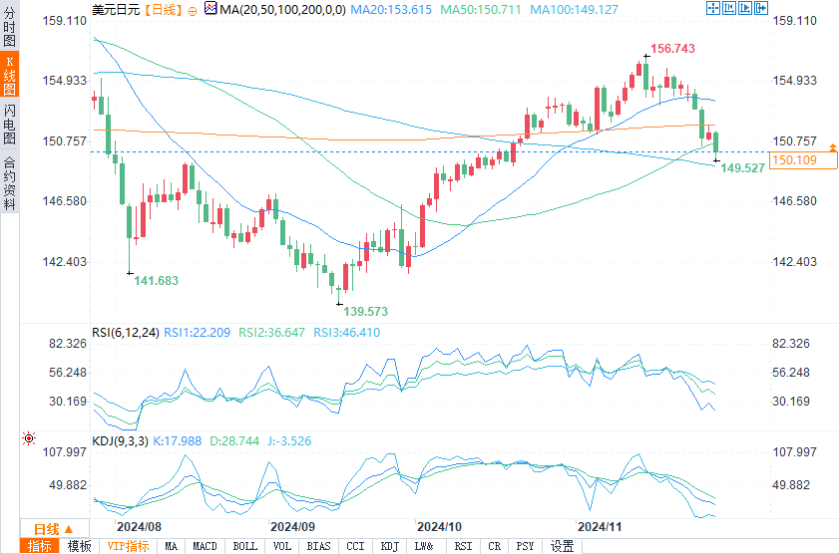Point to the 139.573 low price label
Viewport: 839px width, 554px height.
click(x=366, y=312)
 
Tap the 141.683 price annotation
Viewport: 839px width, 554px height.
click(x=157, y=281)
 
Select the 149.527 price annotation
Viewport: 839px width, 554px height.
click(x=742, y=168)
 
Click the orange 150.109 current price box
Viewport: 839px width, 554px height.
click(x=795, y=160)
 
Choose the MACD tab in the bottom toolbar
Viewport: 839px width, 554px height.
click(x=205, y=546)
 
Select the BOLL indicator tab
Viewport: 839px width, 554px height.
click(x=244, y=546)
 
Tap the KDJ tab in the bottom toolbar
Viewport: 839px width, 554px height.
click(x=389, y=546)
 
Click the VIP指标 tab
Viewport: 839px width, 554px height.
click(x=129, y=546)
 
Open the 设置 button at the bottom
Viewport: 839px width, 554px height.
click(x=563, y=546)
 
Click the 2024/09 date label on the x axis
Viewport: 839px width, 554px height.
click(x=293, y=525)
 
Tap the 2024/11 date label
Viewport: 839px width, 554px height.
click(x=601, y=525)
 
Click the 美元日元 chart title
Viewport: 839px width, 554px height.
click(x=115, y=9)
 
